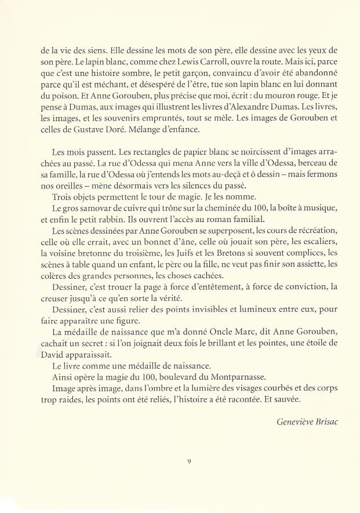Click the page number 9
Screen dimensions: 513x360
190,461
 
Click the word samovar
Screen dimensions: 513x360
93,208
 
